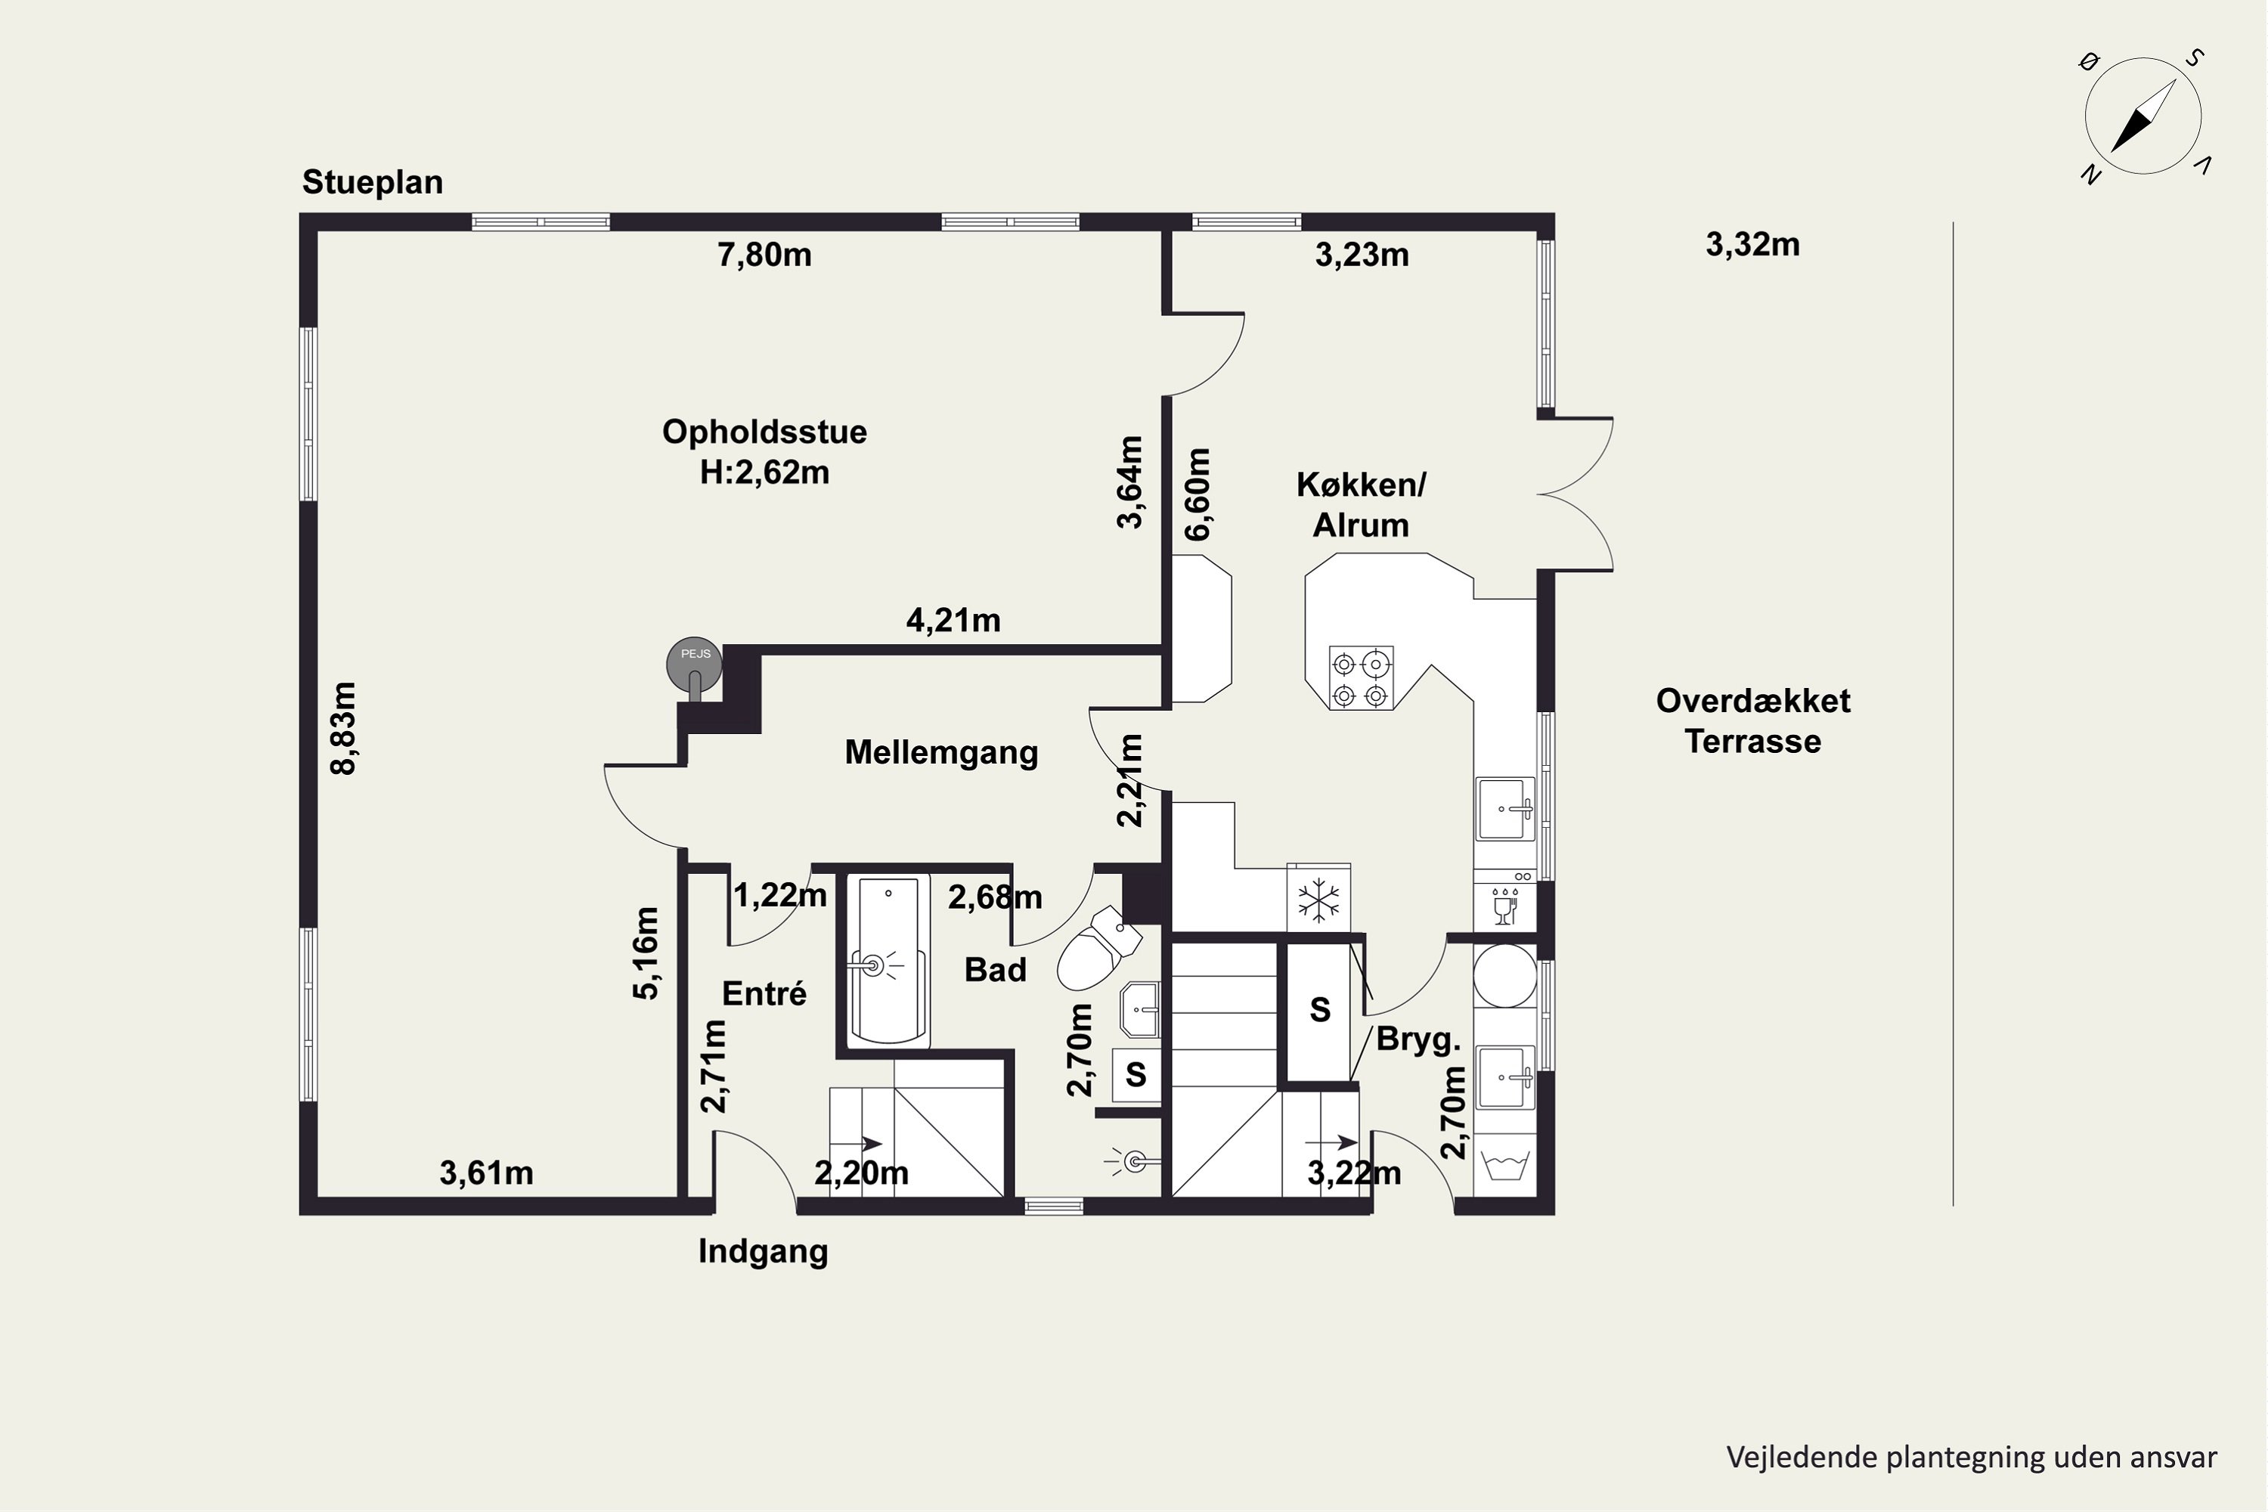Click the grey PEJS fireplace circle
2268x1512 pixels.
pyautogui.click(x=694, y=665)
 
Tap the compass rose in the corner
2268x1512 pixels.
pyautogui.click(x=2143, y=116)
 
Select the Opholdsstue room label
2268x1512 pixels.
pyautogui.click(x=764, y=432)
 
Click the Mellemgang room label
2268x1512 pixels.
pyautogui.click(x=941, y=752)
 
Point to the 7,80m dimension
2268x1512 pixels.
pyautogui.click(x=764, y=256)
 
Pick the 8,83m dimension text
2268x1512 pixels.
pyautogui.click(x=344, y=728)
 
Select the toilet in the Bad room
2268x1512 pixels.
pyautogui.click(x=1098, y=950)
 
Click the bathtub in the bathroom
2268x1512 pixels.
pyautogui.click(x=888, y=960)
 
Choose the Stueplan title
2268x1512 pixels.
pyautogui.click(x=372, y=182)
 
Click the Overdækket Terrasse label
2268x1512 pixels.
pyautogui.click(x=1753, y=720)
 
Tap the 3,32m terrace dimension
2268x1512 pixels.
pyautogui.click(x=1753, y=245)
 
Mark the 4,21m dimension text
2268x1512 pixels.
pyautogui.click(x=953, y=620)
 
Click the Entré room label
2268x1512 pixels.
pyautogui.click(x=764, y=993)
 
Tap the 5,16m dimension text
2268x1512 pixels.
pyautogui.click(x=646, y=953)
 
